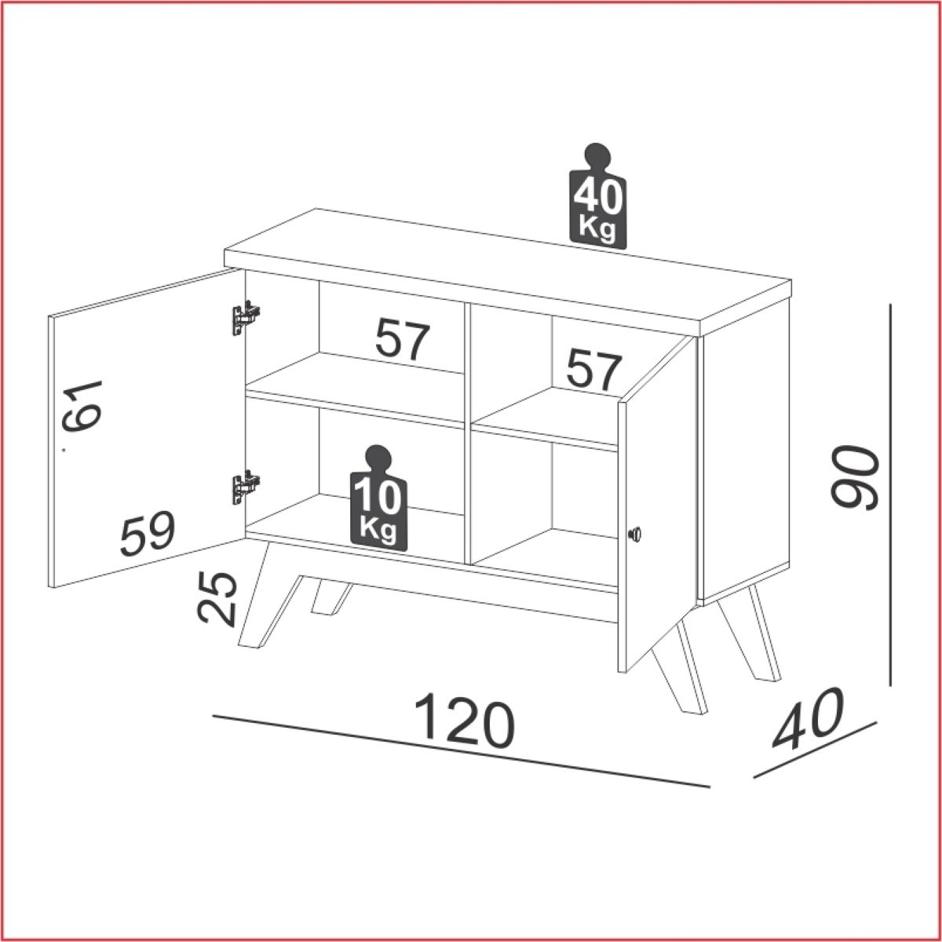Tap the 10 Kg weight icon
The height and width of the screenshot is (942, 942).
(x=378, y=498)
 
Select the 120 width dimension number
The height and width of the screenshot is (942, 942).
(x=465, y=725)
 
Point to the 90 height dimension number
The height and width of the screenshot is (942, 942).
(x=854, y=476)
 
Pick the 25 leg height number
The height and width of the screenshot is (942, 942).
(x=217, y=599)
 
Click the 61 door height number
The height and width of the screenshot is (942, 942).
(x=82, y=407)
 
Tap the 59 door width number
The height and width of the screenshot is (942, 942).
(x=147, y=535)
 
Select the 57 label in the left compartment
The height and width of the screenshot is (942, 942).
(x=403, y=339)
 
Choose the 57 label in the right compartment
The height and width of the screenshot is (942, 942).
(x=594, y=370)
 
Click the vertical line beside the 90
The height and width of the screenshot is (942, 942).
(x=890, y=495)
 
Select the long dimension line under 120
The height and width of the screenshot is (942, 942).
(x=461, y=758)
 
